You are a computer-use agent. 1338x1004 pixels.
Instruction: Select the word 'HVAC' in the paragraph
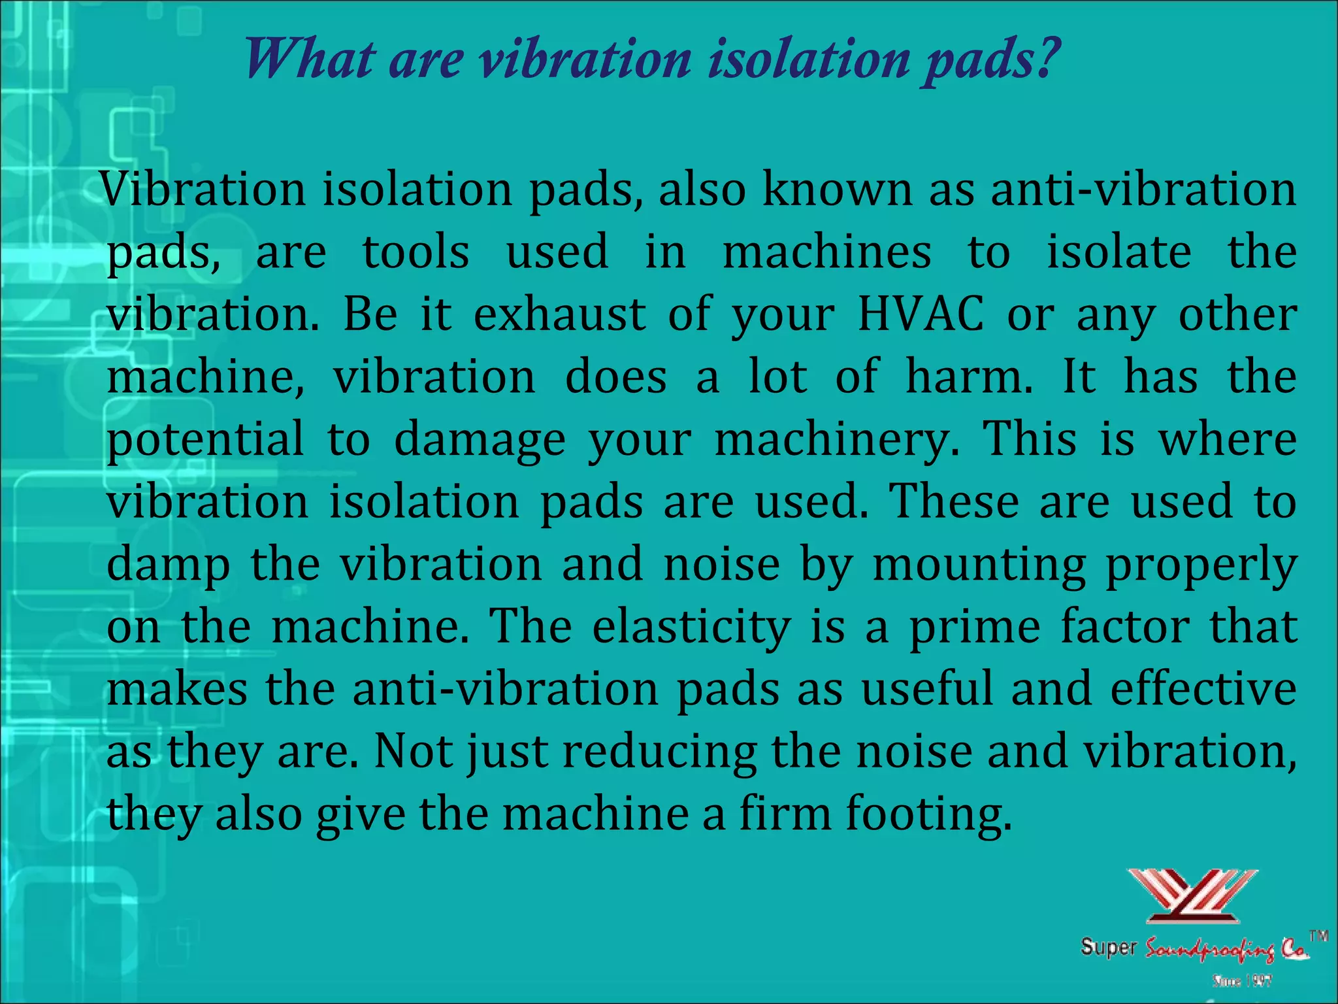(x=920, y=314)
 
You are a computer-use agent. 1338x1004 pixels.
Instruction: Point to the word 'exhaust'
(x=559, y=314)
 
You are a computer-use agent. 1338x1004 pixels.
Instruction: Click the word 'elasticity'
(x=691, y=626)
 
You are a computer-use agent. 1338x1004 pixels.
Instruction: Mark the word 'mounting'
(x=979, y=565)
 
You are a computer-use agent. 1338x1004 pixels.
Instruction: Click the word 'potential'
(x=205, y=439)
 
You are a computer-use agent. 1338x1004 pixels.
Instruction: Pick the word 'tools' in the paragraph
(x=416, y=252)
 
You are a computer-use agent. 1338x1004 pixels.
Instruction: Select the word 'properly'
(x=1201, y=565)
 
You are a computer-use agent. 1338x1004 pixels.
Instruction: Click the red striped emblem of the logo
(x=1192, y=895)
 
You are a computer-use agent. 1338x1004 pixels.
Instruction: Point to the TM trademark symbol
(x=1318, y=935)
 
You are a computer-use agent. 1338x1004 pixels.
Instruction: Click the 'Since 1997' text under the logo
(x=1241, y=980)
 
